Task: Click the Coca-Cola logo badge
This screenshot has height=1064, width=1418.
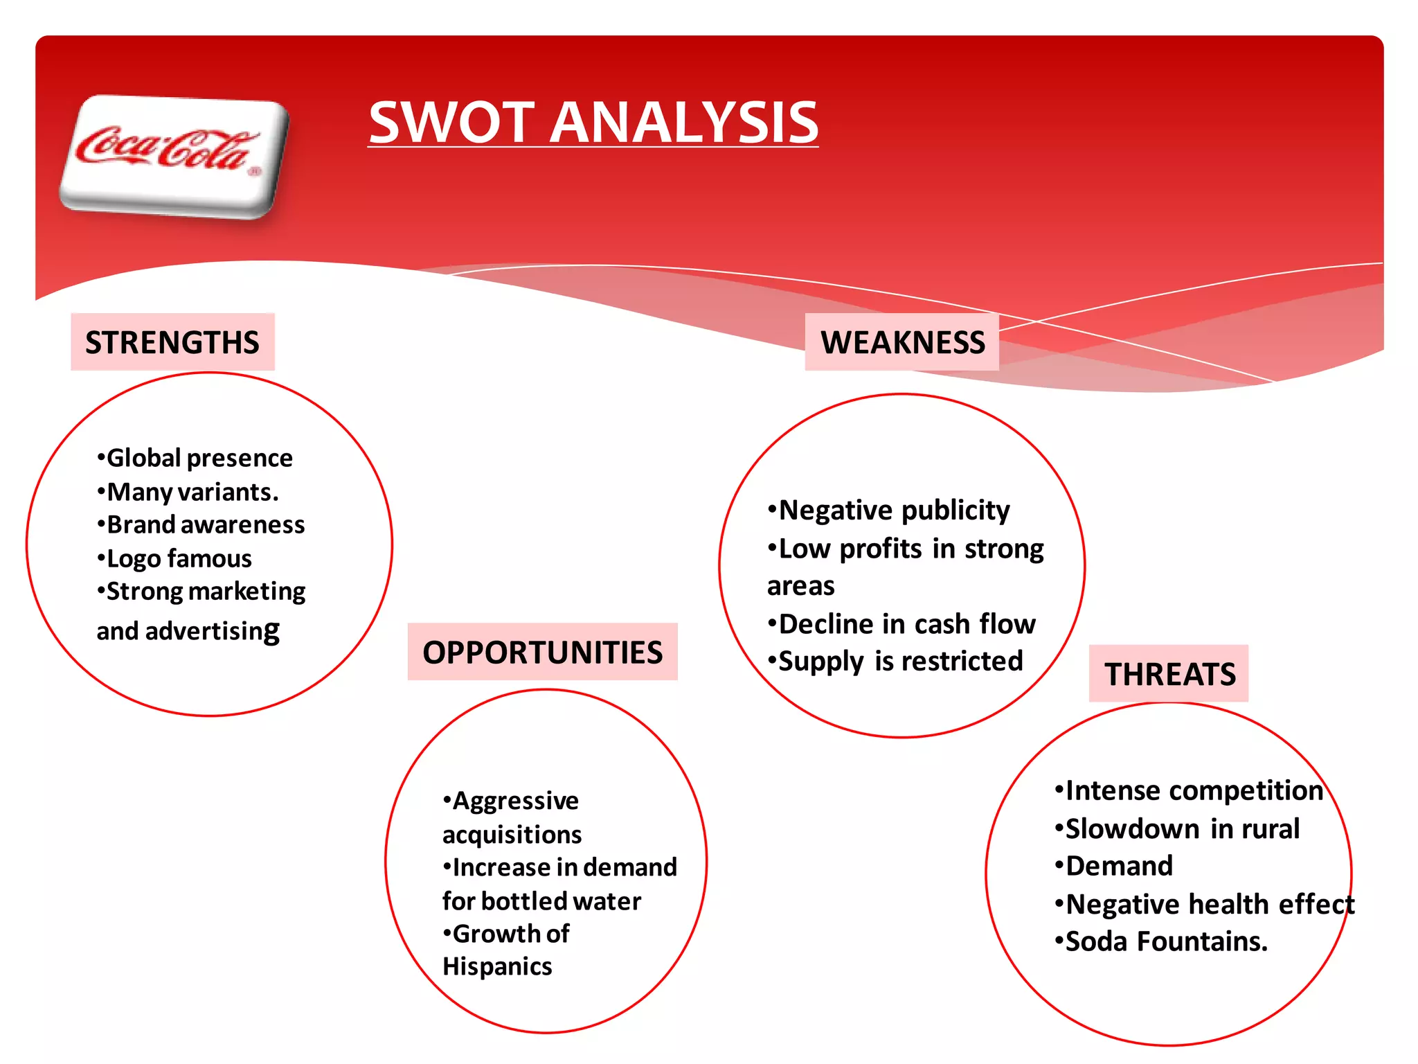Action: (173, 157)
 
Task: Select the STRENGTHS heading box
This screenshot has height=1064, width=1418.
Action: (172, 342)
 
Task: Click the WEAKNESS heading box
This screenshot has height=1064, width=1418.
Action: (902, 342)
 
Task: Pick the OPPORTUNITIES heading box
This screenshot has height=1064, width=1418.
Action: (542, 652)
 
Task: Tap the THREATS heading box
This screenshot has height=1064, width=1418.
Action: (1169, 674)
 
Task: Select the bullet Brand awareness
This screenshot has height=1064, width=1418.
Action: (205, 524)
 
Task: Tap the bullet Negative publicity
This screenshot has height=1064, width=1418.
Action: (893, 511)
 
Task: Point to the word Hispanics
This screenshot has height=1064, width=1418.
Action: (497, 966)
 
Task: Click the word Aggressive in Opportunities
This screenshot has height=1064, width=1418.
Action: (515, 801)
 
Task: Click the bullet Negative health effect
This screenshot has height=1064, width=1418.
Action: (1209, 904)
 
